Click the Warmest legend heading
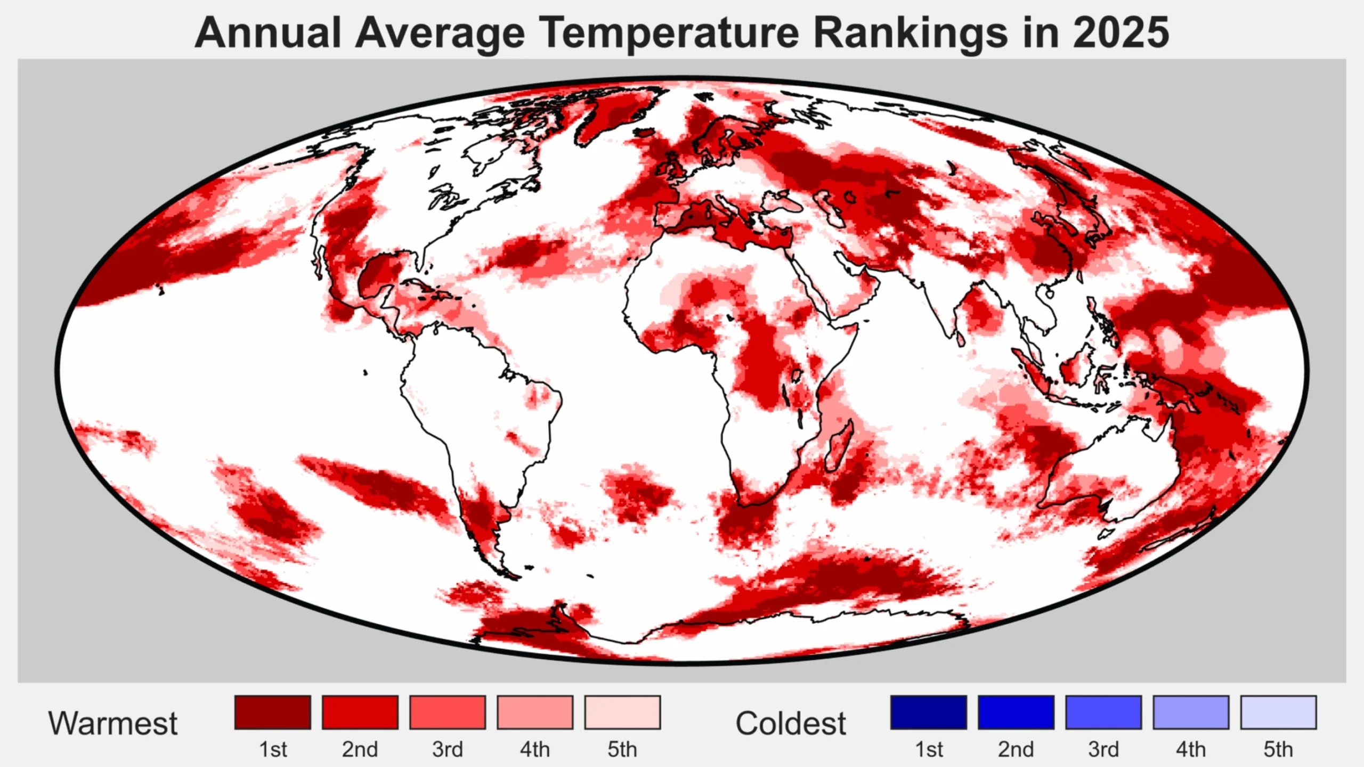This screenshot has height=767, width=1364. tap(112, 723)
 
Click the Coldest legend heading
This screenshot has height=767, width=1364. tap(790, 723)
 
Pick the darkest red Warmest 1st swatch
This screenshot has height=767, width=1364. tap(272, 712)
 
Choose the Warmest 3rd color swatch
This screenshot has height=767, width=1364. tap(448, 712)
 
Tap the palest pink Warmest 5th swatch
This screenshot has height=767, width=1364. tap(622, 712)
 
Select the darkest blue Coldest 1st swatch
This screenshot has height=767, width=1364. tap(928, 712)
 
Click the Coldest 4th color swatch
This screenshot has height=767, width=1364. tap(1191, 712)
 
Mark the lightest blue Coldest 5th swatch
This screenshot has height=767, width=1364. tap(1278, 712)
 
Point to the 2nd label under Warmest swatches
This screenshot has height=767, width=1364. tap(360, 749)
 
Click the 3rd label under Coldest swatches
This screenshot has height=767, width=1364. tap(1103, 749)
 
